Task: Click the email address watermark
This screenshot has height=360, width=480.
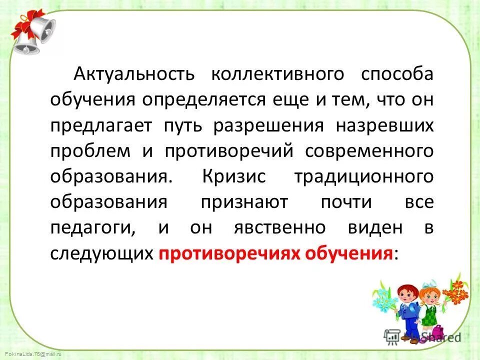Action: coord(25,353)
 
